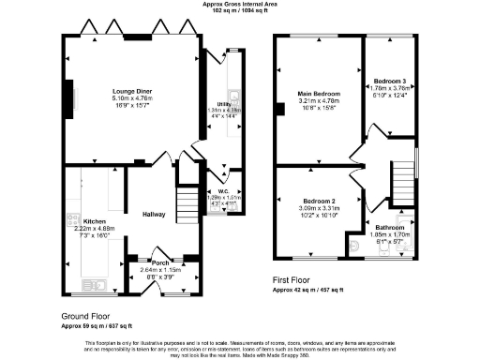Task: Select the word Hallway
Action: pos(155,214)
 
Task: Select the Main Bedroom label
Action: pos(319,95)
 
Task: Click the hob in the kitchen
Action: pos(70,221)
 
